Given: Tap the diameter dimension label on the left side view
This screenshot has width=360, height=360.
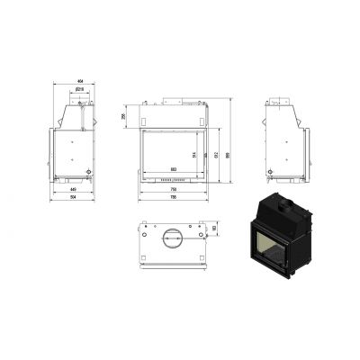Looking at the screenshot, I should click(x=79, y=90).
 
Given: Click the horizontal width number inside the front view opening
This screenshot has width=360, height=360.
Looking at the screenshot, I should click(x=173, y=169).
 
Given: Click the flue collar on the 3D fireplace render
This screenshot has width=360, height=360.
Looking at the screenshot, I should click(x=282, y=205).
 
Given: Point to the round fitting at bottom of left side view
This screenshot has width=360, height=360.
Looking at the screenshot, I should click(x=88, y=170).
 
